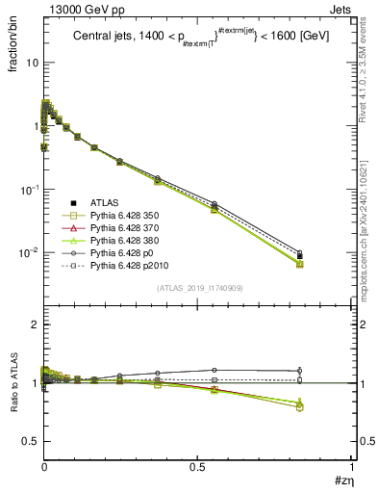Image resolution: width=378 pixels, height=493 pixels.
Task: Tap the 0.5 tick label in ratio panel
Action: click(28, 441)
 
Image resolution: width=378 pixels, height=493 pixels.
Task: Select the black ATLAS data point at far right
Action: click(300, 256)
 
